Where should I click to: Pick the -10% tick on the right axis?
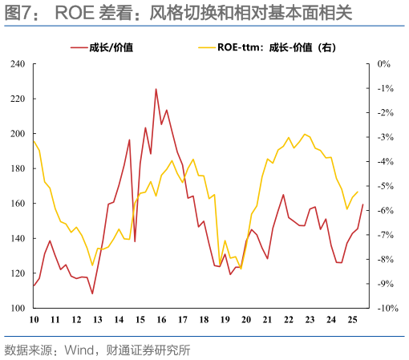pos(382,308)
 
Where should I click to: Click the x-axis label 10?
pos(34,320)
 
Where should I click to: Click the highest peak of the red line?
pos(156,89)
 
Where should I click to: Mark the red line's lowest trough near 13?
pos(92,293)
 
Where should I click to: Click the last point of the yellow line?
pos(357,192)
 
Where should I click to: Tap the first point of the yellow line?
pos(34,141)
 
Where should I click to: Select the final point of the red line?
pos(362,205)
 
